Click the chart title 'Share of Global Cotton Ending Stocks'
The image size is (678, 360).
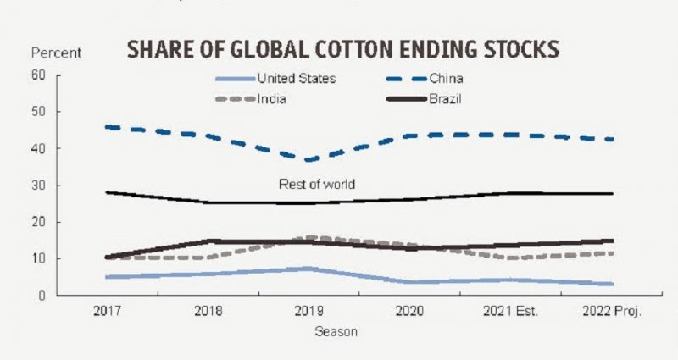coord(343,49)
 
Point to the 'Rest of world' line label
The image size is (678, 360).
coord(318,184)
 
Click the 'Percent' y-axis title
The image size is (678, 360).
coord(56,53)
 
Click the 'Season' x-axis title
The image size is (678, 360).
coord(336,332)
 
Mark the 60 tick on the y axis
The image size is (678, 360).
coord(38,75)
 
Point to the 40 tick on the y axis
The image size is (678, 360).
coord(38,149)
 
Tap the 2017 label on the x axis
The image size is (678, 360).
coord(108,312)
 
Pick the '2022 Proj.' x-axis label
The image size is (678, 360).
coord(612,312)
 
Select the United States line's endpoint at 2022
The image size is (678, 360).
coord(612,284)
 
